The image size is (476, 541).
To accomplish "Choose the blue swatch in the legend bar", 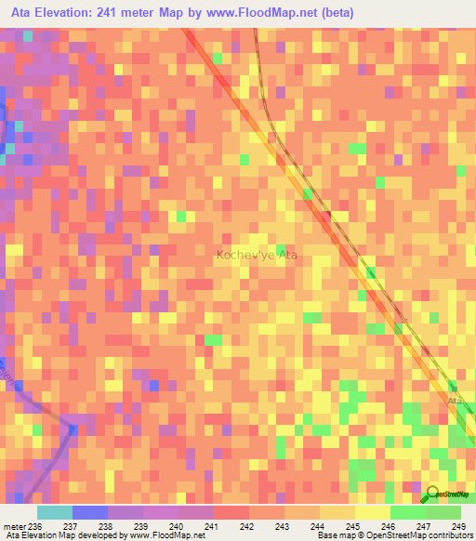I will [x=89, y=512].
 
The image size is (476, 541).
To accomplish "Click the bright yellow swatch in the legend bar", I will [x=372, y=512].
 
